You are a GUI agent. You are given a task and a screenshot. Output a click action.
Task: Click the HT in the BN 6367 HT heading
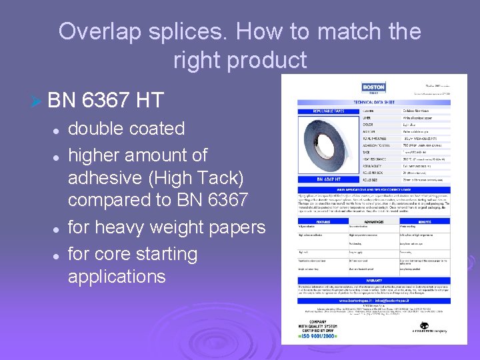149,101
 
